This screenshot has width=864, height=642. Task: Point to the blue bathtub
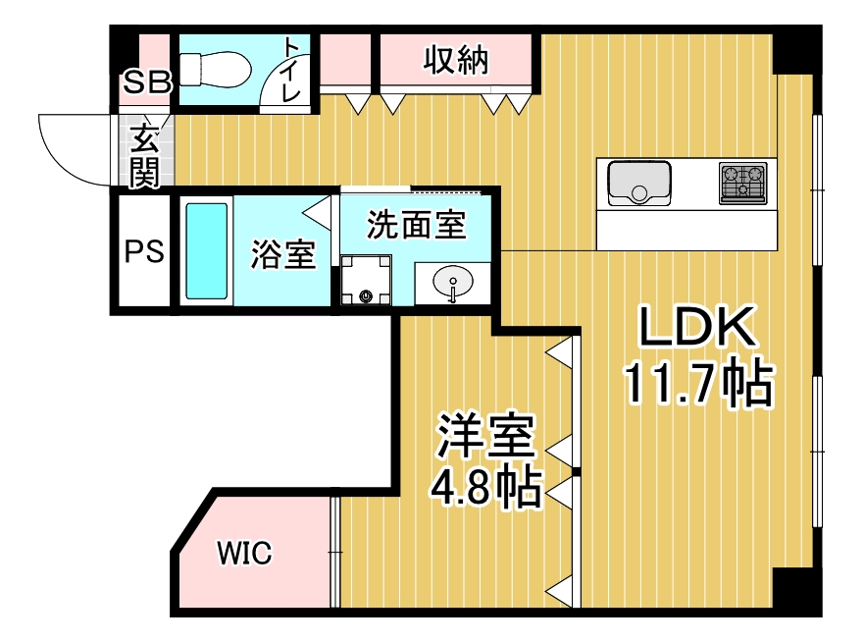(x=206, y=250)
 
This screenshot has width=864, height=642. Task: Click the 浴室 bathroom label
(x=282, y=254)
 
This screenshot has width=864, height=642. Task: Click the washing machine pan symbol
(x=366, y=282)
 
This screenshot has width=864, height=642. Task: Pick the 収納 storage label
(x=456, y=61)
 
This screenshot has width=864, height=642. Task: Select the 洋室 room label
(x=486, y=439)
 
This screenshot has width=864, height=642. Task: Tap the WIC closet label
(x=243, y=554)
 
